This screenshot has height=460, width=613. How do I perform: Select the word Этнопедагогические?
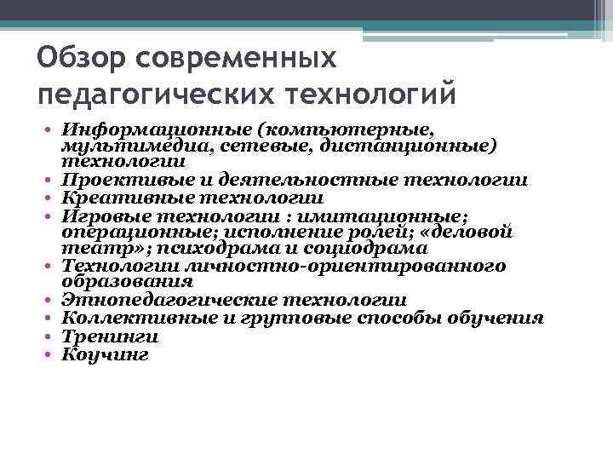[x=169, y=301]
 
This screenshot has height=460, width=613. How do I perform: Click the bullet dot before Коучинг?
[x=51, y=353]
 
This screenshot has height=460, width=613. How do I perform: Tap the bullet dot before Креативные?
[x=51, y=197]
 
